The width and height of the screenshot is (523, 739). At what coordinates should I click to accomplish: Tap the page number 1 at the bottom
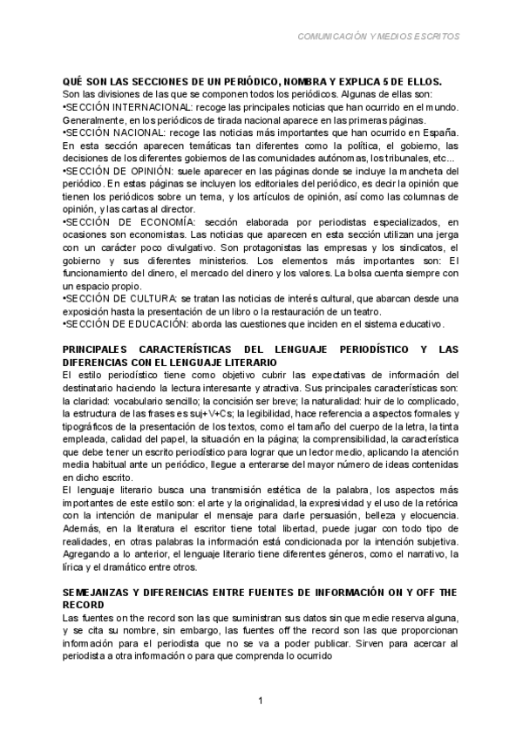261,702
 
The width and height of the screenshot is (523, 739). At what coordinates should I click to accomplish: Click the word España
440,132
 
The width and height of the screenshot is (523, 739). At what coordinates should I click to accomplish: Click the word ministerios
227,261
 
